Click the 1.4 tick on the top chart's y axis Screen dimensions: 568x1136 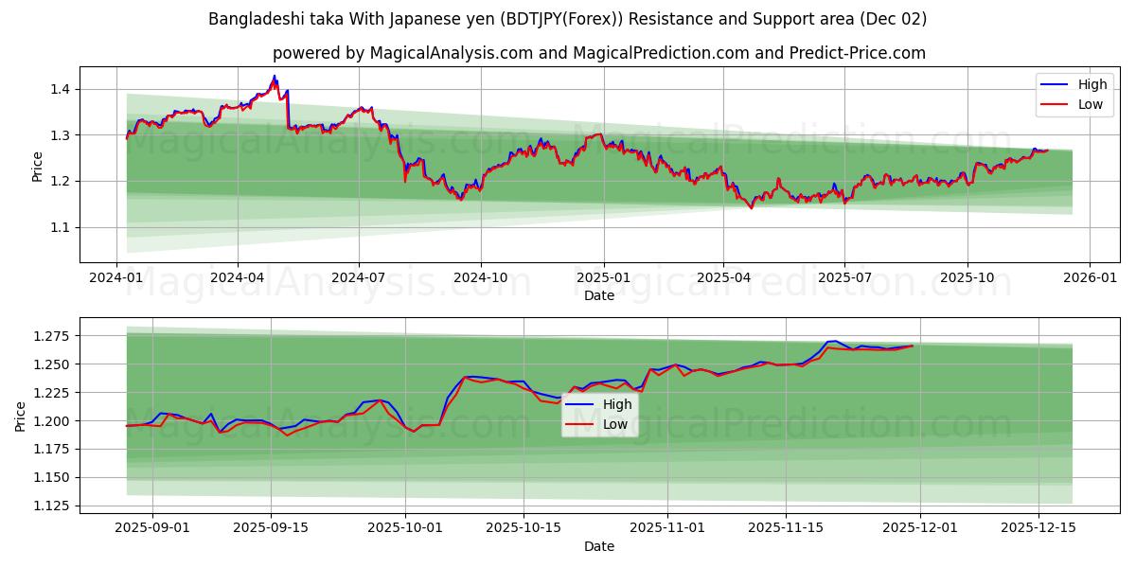click(x=59, y=89)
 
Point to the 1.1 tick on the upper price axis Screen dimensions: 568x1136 click(x=59, y=227)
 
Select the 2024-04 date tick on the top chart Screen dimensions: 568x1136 click(x=237, y=277)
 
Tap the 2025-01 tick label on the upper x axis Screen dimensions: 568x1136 click(x=603, y=277)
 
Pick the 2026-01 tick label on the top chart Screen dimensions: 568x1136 click(x=1090, y=277)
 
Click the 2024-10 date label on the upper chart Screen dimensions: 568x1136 click(x=480, y=277)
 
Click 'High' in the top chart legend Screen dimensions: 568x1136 click(x=1092, y=84)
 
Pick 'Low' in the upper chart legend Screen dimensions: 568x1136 click(x=1090, y=104)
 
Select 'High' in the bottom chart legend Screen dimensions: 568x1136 click(x=617, y=405)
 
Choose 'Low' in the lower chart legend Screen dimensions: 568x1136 click(x=615, y=425)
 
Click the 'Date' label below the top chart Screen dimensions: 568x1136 click(x=598, y=295)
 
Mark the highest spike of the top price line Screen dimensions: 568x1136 click(x=275, y=76)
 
